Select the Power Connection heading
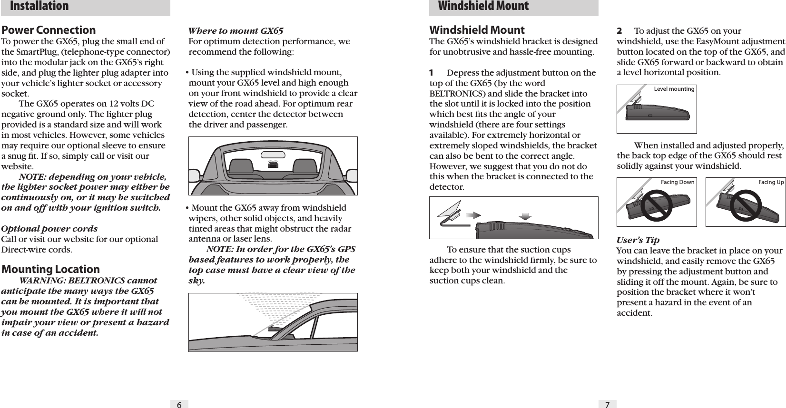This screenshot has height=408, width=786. [49, 30]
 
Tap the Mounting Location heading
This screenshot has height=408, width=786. [51, 269]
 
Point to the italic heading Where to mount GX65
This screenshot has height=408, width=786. [236, 31]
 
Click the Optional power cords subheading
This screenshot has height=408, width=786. [50, 229]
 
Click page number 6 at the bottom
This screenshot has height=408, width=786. [179, 404]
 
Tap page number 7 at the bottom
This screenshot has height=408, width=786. [607, 404]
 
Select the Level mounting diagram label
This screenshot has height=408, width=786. [674, 89]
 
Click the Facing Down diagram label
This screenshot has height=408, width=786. [678, 182]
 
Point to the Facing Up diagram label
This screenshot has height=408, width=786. [771, 182]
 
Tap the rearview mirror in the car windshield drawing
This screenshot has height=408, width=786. [274, 155]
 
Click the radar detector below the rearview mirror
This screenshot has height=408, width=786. [273, 164]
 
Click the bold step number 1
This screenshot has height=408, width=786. [432, 73]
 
